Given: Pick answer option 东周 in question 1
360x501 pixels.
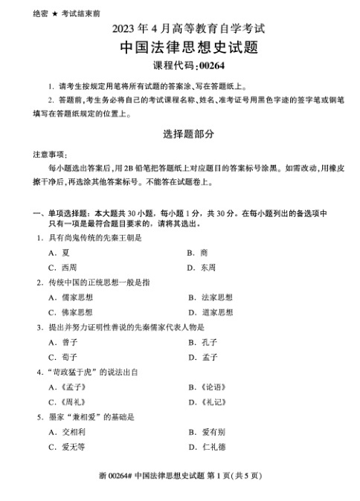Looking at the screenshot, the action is tap(209, 267).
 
